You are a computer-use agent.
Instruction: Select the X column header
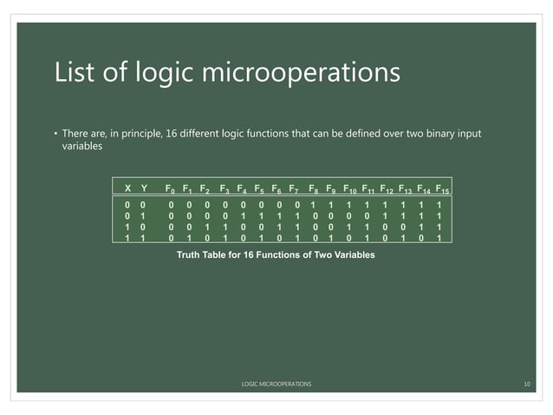tap(128, 188)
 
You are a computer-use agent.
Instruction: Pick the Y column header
tap(144, 188)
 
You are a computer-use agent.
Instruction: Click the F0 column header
tap(171, 188)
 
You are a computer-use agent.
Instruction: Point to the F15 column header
tap(441, 188)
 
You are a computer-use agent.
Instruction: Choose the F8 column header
tap(314, 188)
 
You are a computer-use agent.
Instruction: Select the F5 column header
tap(259, 188)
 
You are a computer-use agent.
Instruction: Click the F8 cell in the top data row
tap(313, 204)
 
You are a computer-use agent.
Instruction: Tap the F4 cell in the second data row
tap(242, 215)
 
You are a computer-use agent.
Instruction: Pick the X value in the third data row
tap(128, 227)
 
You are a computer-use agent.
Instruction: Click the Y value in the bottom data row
tap(144, 238)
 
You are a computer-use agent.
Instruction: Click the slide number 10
tap(526, 383)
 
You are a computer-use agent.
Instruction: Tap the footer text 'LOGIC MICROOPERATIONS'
tap(276, 383)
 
